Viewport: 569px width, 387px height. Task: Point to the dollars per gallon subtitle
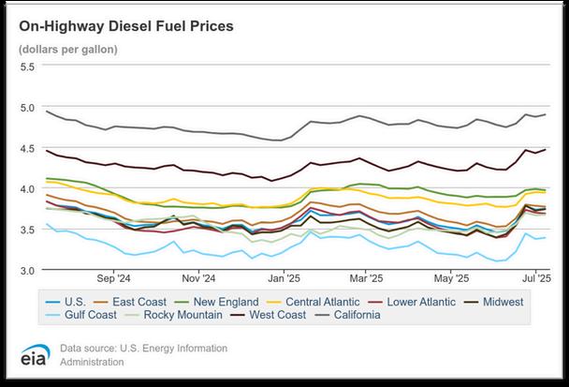pyautogui.click(x=67, y=49)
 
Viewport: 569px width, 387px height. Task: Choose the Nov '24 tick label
pyautogui.click(x=197, y=278)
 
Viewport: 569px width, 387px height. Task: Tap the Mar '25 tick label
pyautogui.click(x=366, y=278)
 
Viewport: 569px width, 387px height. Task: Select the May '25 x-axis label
pyautogui.click(x=452, y=278)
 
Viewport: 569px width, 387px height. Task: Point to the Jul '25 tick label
pyautogui.click(x=534, y=278)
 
